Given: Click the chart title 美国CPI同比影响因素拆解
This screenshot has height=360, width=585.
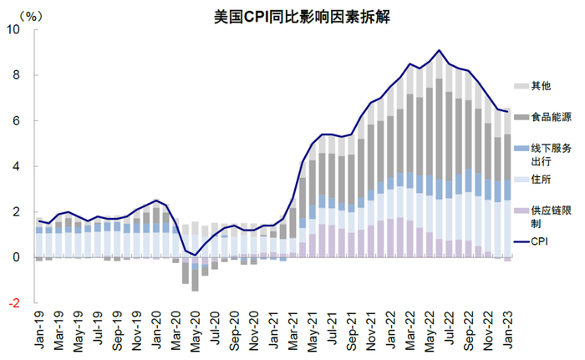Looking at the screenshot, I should [x=292, y=16].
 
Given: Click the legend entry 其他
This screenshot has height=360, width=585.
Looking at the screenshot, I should [x=541, y=85].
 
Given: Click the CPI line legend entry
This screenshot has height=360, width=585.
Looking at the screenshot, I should [x=542, y=242].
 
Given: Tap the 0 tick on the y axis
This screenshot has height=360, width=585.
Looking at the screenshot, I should [x=18, y=258].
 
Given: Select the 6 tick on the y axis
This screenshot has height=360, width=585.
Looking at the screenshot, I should [x=18, y=121].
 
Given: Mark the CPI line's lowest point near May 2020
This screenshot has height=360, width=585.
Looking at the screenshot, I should [x=195, y=255].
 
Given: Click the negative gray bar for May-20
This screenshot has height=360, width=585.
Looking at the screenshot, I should [x=195, y=280].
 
